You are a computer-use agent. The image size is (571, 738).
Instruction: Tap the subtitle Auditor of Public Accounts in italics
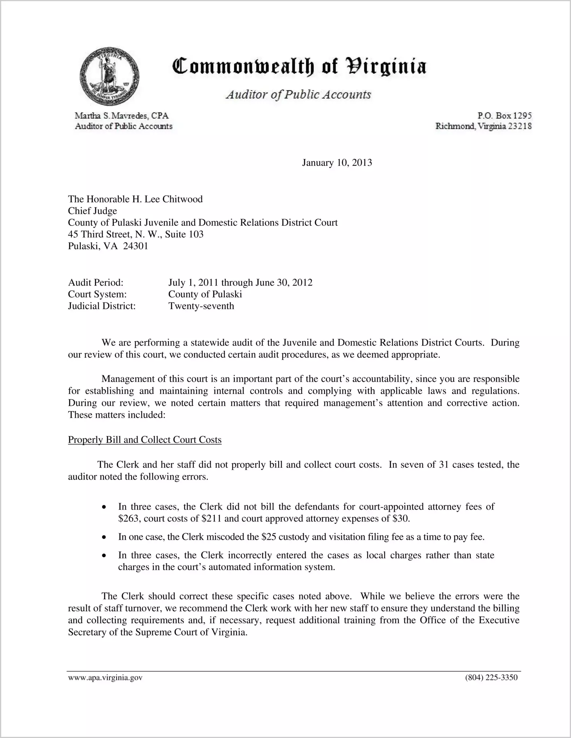click(x=298, y=94)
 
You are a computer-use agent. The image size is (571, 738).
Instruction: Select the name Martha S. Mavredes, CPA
click(x=122, y=115)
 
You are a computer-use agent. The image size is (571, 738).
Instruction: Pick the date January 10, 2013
click(x=337, y=163)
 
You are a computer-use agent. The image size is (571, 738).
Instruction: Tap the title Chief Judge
click(x=92, y=211)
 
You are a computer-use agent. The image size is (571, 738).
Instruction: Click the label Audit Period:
click(x=96, y=282)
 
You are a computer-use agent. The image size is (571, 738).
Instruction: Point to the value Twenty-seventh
click(x=201, y=306)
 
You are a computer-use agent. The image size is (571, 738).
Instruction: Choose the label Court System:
click(x=97, y=294)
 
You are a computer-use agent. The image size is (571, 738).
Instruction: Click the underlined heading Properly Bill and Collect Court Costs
click(x=144, y=440)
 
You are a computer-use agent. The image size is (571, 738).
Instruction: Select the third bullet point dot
click(x=104, y=556)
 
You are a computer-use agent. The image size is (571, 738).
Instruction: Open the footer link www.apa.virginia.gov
click(x=105, y=678)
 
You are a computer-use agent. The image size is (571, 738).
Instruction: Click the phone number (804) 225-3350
click(x=491, y=678)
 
